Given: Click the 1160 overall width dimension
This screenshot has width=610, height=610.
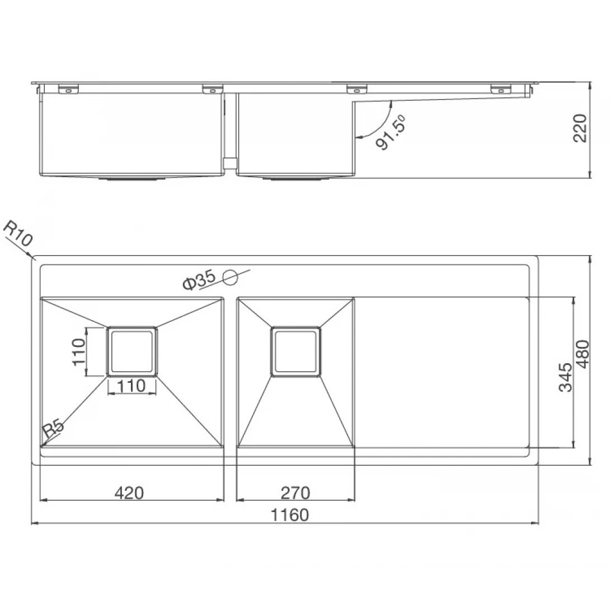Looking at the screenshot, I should coord(289,514).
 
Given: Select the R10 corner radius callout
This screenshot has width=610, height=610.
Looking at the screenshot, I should coord(17,234).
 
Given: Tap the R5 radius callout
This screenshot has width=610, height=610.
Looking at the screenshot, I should coord(53,429).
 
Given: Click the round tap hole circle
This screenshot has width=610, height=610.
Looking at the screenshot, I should coord(231,276).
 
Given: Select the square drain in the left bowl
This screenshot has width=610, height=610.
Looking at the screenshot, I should coord(132,351).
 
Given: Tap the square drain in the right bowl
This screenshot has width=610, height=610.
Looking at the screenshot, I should coord(295,351).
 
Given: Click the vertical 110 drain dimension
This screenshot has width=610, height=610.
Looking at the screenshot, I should coord(78,351).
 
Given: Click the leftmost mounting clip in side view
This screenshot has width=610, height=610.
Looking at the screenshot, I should coord(67,88).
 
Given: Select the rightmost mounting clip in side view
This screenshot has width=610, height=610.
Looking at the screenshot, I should coord(501,88).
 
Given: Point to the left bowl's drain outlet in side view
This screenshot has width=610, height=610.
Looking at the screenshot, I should coord(132,179).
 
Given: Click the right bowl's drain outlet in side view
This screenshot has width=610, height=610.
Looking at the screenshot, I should coord(295,179).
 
